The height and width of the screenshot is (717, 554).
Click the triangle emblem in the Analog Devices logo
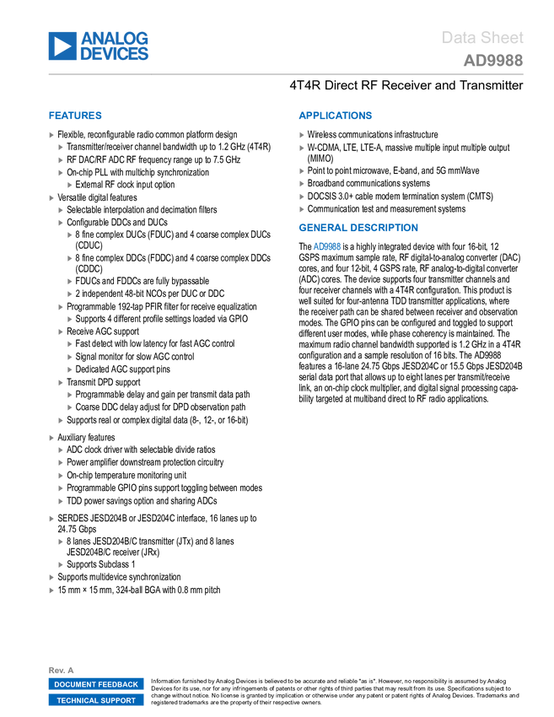pos(62,46)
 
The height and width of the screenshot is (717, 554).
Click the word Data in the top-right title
pos(459,38)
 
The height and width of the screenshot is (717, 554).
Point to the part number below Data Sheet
pos(493,61)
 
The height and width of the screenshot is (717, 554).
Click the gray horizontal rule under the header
pos(286,74)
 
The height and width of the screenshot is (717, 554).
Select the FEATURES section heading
pos(75,116)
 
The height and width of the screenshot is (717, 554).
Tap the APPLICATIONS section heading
pos(335,116)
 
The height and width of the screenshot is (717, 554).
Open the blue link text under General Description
pos(327,246)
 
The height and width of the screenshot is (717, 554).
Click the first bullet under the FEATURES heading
pos(51,135)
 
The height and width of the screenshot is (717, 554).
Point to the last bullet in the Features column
pos(51,590)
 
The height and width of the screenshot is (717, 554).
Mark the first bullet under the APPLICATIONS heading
pos(301,135)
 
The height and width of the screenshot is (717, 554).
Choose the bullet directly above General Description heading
pos(301,208)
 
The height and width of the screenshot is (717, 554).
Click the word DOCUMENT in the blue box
pos(76,684)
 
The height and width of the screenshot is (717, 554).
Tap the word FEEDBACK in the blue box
pos(118,684)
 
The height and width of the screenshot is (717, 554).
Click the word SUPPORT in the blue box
pos(120,700)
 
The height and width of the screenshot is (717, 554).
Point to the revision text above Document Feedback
pos(56,670)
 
